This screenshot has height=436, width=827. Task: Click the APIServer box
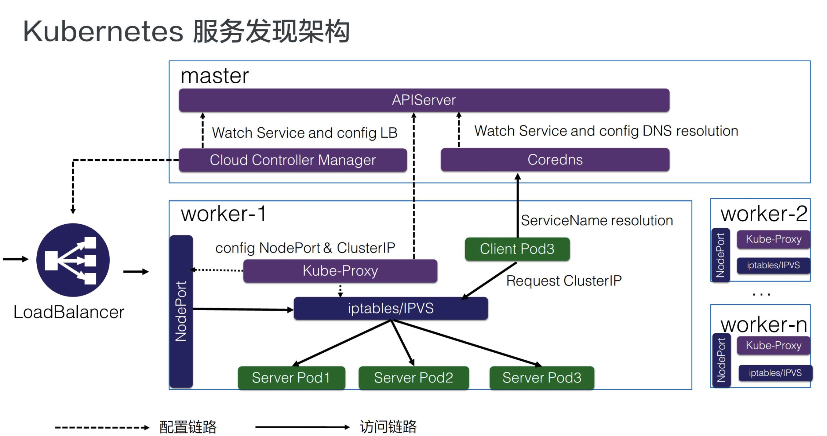click(424, 100)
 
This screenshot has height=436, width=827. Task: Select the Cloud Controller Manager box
click(292, 160)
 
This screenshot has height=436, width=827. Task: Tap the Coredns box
click(555, 160)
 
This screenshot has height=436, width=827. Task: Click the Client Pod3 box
click(517, 249)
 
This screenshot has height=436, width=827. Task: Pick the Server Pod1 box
click(291, 378)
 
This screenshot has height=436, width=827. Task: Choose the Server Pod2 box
click(413, 378)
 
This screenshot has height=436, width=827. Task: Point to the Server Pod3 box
click(542, 378)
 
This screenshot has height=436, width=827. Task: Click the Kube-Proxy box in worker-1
click(340, 271)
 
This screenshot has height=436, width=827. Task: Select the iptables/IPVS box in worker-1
click(391, 308)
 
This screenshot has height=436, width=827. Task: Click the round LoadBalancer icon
click(73, 260)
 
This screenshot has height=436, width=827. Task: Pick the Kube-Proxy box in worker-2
click(773, 239)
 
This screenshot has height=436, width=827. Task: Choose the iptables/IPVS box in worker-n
click(775, 373)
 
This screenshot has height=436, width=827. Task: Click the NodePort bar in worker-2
click(720, 255)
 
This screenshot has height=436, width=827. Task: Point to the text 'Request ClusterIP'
click(564, 281)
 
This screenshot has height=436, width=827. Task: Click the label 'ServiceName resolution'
click(597, 221)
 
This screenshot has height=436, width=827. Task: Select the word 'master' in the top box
click(215, 76)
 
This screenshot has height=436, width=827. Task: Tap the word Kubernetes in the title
click(103, 32)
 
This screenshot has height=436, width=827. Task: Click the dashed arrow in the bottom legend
click(102, 428)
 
